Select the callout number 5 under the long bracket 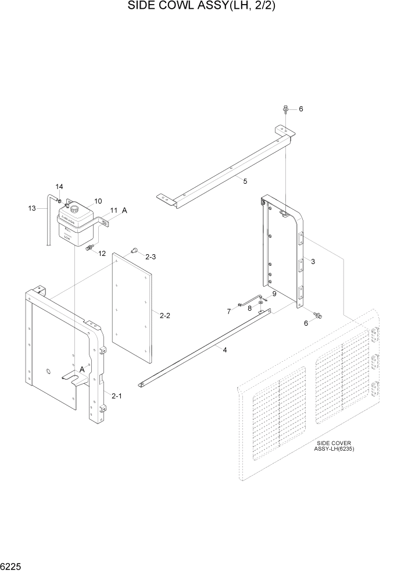pyautogui.click(x=245, y=181)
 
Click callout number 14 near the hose pyautogui.click(x=59, y=187)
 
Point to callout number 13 pyautogui.click(x=33, y=208)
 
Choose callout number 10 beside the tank pyautogui.click(x=98, y=201)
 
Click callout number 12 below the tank pyautogui.click(x=102, y=253)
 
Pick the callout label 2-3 pyautogui.click(x=151, y=257)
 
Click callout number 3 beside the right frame pyautogui.click(x=313, y=262)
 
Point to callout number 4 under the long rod pyautogui.click(x=223, y=350)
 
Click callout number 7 pyautogui.click(x=229, y=312)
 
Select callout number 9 pyautogui.click(x=274, y=294)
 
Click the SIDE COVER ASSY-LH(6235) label pyautogui.click(x=334, y=446)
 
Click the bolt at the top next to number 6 pyautogui.click(x=287, y=109)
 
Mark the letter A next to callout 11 pyautogui.click(x=124, y=212)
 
